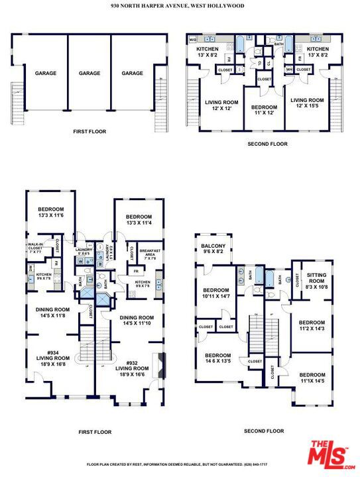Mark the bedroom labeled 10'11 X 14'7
coord(216,293)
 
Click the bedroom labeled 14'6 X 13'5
coord(218,358)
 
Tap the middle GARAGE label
coord(89,74)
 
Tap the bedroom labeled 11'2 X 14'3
coord(311,325)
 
